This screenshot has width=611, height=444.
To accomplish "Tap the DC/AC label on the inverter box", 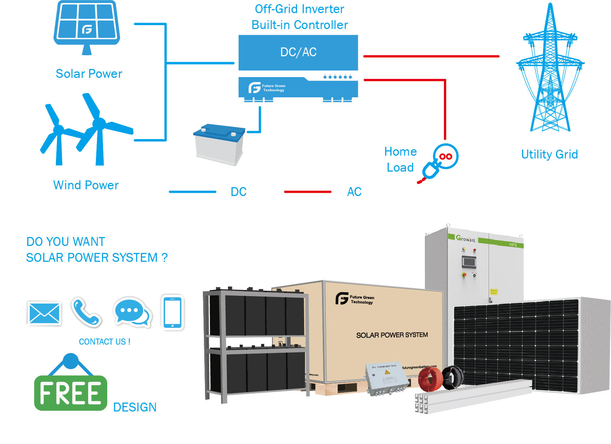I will pos(298,52).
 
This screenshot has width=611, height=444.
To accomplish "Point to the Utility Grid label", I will pos(549,154).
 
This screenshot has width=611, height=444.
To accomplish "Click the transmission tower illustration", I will pos(550,71).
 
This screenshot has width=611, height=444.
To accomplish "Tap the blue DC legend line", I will pos(193,192).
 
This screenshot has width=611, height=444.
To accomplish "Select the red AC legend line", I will pos(308,192).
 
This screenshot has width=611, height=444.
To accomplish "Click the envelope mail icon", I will pos(44,313).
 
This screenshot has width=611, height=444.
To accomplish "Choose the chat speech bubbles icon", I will pos(132,312).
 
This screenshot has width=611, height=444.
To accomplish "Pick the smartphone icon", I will pos(172,312).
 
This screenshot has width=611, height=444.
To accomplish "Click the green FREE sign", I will pos(70,393).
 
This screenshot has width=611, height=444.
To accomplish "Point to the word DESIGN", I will pos(135,407).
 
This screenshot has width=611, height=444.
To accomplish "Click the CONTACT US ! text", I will pos(104,342).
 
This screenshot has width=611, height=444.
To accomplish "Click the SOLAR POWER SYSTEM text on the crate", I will pos(392,335).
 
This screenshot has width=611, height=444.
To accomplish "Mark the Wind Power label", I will pos(86,185).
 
